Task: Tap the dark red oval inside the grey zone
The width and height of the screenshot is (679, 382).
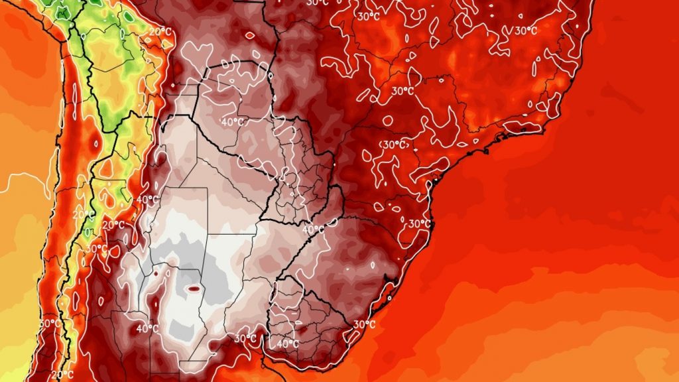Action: [x=194, y=288]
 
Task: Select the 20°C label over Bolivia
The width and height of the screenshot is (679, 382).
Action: [x=159, y=31]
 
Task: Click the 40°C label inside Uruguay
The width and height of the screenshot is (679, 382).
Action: [x=287, y=344]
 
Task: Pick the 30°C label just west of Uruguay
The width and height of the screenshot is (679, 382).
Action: [x=245, y=338]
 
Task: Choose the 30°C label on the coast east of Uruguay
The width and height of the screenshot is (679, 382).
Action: [x=364, y=324]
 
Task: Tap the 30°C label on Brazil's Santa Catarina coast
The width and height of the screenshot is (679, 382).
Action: [x=418, y=223]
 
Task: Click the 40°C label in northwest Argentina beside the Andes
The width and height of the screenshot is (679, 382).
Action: [x=147, y=199]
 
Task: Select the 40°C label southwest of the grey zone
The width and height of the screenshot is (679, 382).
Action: [x=147, y=328]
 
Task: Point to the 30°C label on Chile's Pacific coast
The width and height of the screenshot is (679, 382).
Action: [x=48, y=323]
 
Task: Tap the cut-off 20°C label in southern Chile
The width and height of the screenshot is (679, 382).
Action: [x=61, y=375]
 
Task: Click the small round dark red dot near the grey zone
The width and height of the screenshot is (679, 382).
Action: [x=156, y=273]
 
